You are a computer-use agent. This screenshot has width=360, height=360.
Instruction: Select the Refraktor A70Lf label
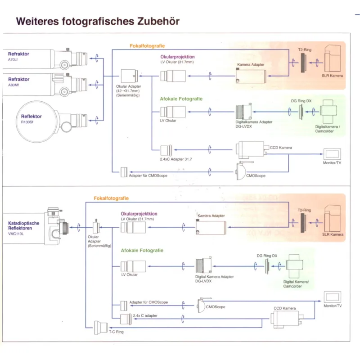[18, 56]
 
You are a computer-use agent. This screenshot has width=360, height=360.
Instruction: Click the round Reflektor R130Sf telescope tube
[38, 119]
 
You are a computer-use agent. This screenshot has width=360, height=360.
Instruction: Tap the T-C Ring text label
[116, 332]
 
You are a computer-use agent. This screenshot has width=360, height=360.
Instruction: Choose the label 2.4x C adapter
[145, 315]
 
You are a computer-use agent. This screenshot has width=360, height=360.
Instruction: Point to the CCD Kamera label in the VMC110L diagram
[285, 308]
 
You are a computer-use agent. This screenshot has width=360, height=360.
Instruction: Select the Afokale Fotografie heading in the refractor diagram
[181, 99]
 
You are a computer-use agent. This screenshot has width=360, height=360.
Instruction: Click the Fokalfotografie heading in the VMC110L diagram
[111, 198]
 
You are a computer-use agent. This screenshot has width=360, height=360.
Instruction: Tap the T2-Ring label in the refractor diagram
[305, 50]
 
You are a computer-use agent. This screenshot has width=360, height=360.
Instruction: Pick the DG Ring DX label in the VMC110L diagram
[267, 256]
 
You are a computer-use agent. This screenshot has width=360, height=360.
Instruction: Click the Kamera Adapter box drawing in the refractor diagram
[251, 76]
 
